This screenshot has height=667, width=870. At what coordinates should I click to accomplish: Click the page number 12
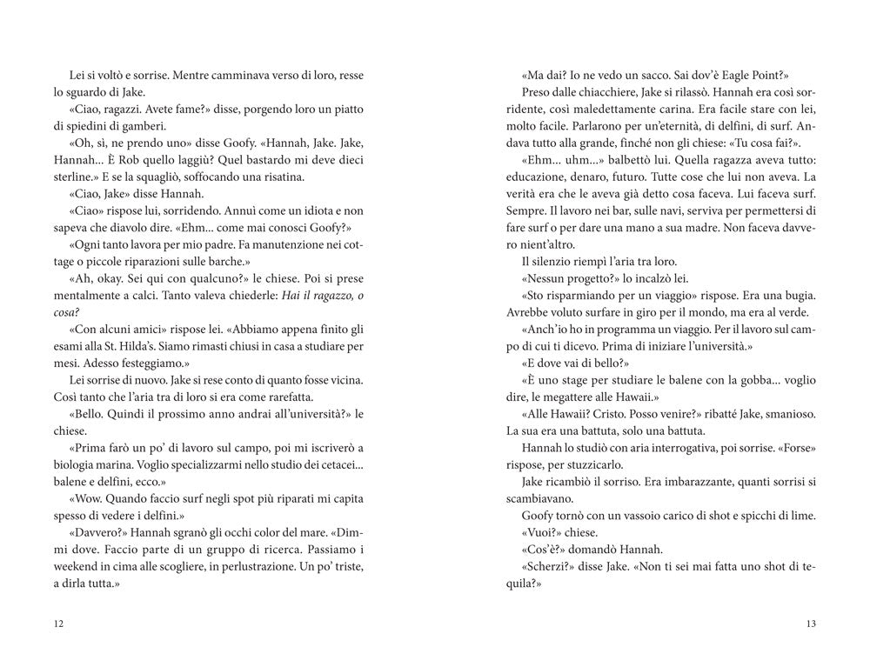tap(58, 624)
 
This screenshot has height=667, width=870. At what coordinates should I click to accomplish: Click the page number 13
tap(812, 624)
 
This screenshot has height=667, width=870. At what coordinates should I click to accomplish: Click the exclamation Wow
tap(83, 499)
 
